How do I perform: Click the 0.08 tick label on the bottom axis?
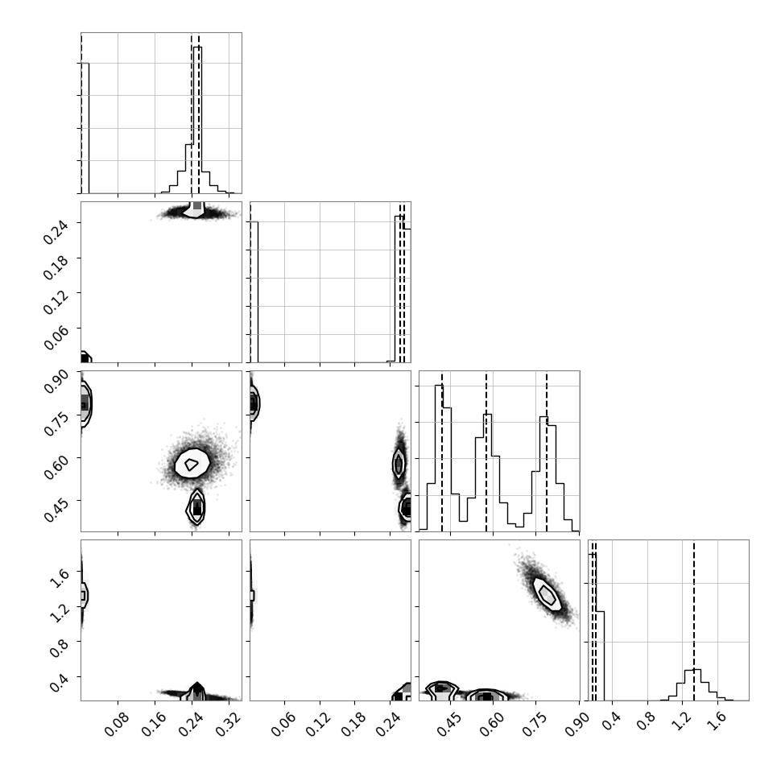click(x=117, y=724)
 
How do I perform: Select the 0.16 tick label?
click(x=155, y=724)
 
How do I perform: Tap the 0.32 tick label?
click(x=229, y=724)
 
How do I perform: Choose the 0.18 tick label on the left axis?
click(x=56, y=267)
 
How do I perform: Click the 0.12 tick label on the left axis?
click(x=56, y=302)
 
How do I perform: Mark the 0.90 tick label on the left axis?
click(x=56, y=381)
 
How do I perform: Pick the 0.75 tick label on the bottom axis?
click(x=535, y=724)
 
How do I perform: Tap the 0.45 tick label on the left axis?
click(x=56, y=509)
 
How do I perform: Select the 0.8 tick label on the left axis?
click(x=60, y=648)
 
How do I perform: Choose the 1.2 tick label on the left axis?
click(x=60, y=614)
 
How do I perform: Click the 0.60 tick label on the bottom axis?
click(x=492, y=724)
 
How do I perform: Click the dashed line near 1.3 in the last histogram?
click(x=693, y=620)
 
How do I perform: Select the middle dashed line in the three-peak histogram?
click(x=486, y=451)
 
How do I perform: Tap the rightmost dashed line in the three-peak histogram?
click(x=547, y=451)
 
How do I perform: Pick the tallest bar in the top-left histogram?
click(x=198, y=119)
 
